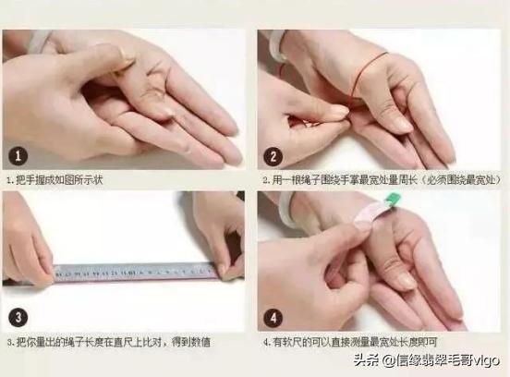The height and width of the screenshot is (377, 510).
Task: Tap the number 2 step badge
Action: [x=273, y=155]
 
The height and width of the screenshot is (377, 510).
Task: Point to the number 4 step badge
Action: [x=273, y=317]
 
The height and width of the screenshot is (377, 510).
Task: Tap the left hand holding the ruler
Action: [x=28, y=249]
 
